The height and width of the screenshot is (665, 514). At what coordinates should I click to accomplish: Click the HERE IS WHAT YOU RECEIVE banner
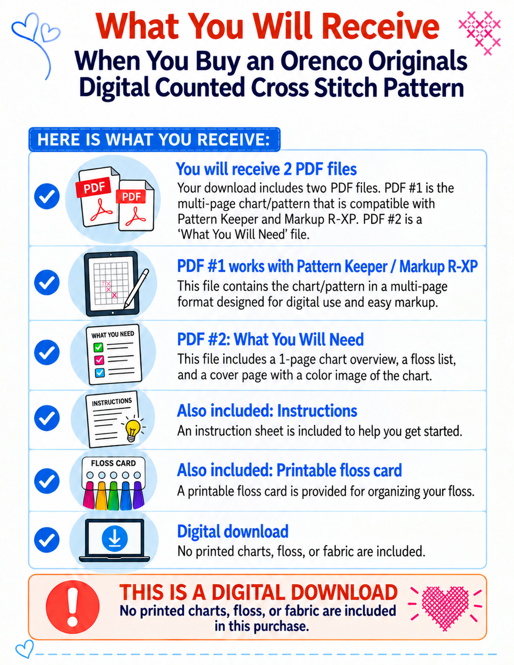pos(154,139)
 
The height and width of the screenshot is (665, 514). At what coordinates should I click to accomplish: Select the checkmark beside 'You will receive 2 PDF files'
pos(47,196)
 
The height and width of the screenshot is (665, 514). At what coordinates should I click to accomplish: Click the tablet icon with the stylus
pos(111,284)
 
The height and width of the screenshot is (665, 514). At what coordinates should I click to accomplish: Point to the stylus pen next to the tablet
pos(137,288)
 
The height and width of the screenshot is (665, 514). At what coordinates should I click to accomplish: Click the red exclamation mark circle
pos(73,608)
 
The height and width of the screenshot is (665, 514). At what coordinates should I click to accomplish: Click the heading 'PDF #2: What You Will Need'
pos(271,339)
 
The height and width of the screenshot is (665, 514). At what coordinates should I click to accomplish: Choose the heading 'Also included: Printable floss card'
pos(290,470)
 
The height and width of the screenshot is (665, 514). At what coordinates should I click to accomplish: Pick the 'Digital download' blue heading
pos(233,532)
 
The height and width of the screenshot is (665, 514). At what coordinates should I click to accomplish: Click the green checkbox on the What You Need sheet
pos(98,347)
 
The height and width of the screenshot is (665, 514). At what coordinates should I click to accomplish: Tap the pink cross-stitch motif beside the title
pos(479,33)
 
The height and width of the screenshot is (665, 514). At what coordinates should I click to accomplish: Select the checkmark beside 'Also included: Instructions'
pos(47,418)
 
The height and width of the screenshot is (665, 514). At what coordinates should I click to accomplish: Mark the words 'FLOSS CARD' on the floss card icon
pos(113,463)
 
